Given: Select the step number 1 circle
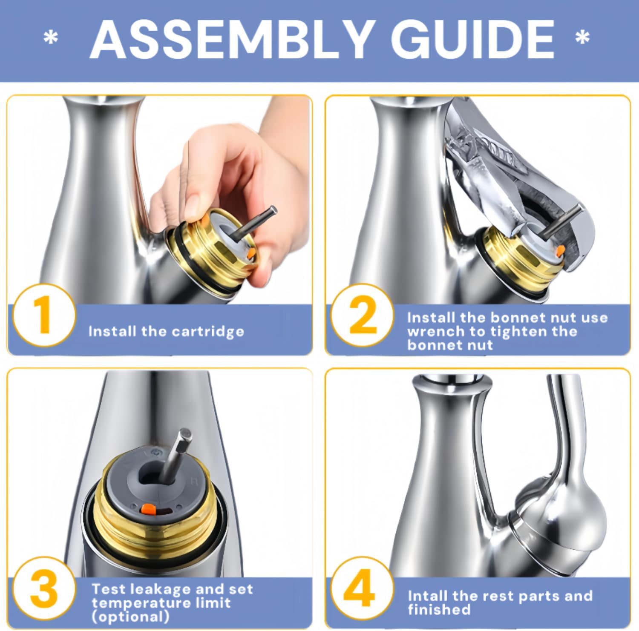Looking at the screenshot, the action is (x=43, y=315).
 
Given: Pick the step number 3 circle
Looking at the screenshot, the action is (x=43, y=589).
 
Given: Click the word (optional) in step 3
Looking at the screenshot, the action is (x=130, y=617).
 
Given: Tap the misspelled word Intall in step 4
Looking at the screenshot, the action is (x=427, y=596).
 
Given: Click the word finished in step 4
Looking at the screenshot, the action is (x=439, y=610).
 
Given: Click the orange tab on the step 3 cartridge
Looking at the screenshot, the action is (x=148, y=508).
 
